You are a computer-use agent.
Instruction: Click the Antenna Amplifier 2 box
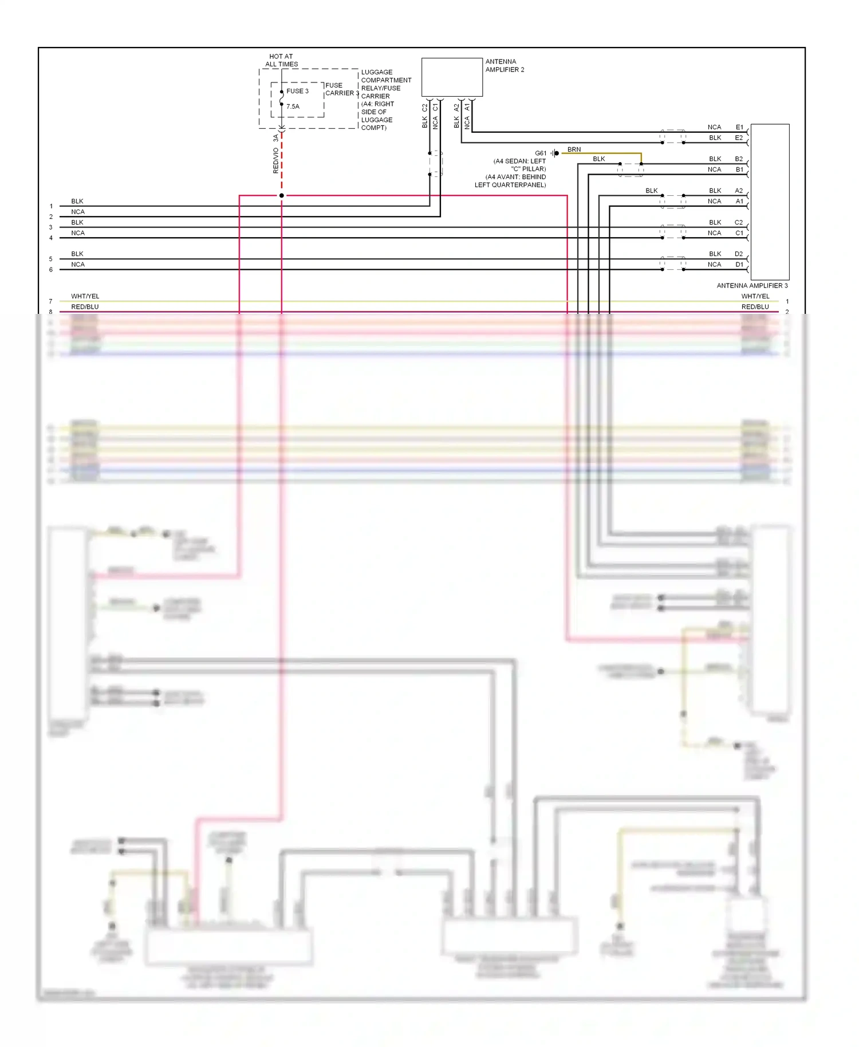coord(452,77)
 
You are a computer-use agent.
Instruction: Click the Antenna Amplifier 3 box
coord(770,202)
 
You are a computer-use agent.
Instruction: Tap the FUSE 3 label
coord(297,91)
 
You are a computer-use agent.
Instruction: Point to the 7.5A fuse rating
coord(293,107)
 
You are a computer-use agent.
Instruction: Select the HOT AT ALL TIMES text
coord(281,60)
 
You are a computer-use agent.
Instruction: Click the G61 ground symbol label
coord(541,153)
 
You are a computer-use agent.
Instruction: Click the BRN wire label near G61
coord(574,149)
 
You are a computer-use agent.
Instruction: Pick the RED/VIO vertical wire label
coord(275,160)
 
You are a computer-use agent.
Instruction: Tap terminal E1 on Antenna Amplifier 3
coord(739,127)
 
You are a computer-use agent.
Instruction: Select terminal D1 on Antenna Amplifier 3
coord(739,265)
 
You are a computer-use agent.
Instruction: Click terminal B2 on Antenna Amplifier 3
coord(739,159)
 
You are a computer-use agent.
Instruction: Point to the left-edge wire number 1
coord(51,206)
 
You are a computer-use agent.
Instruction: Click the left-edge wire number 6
coord(51,270)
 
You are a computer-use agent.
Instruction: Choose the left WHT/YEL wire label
coord(85,296)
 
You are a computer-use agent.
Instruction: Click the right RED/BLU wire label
coord(755,307)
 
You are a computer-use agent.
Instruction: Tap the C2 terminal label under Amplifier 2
coord(425,108)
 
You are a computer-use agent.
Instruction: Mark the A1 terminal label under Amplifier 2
coord(467,108)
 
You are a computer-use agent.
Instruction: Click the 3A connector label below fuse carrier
coord(275,138)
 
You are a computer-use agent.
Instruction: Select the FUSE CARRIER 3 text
coord(341,89)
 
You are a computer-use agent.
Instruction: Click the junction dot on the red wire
coord(281,196)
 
